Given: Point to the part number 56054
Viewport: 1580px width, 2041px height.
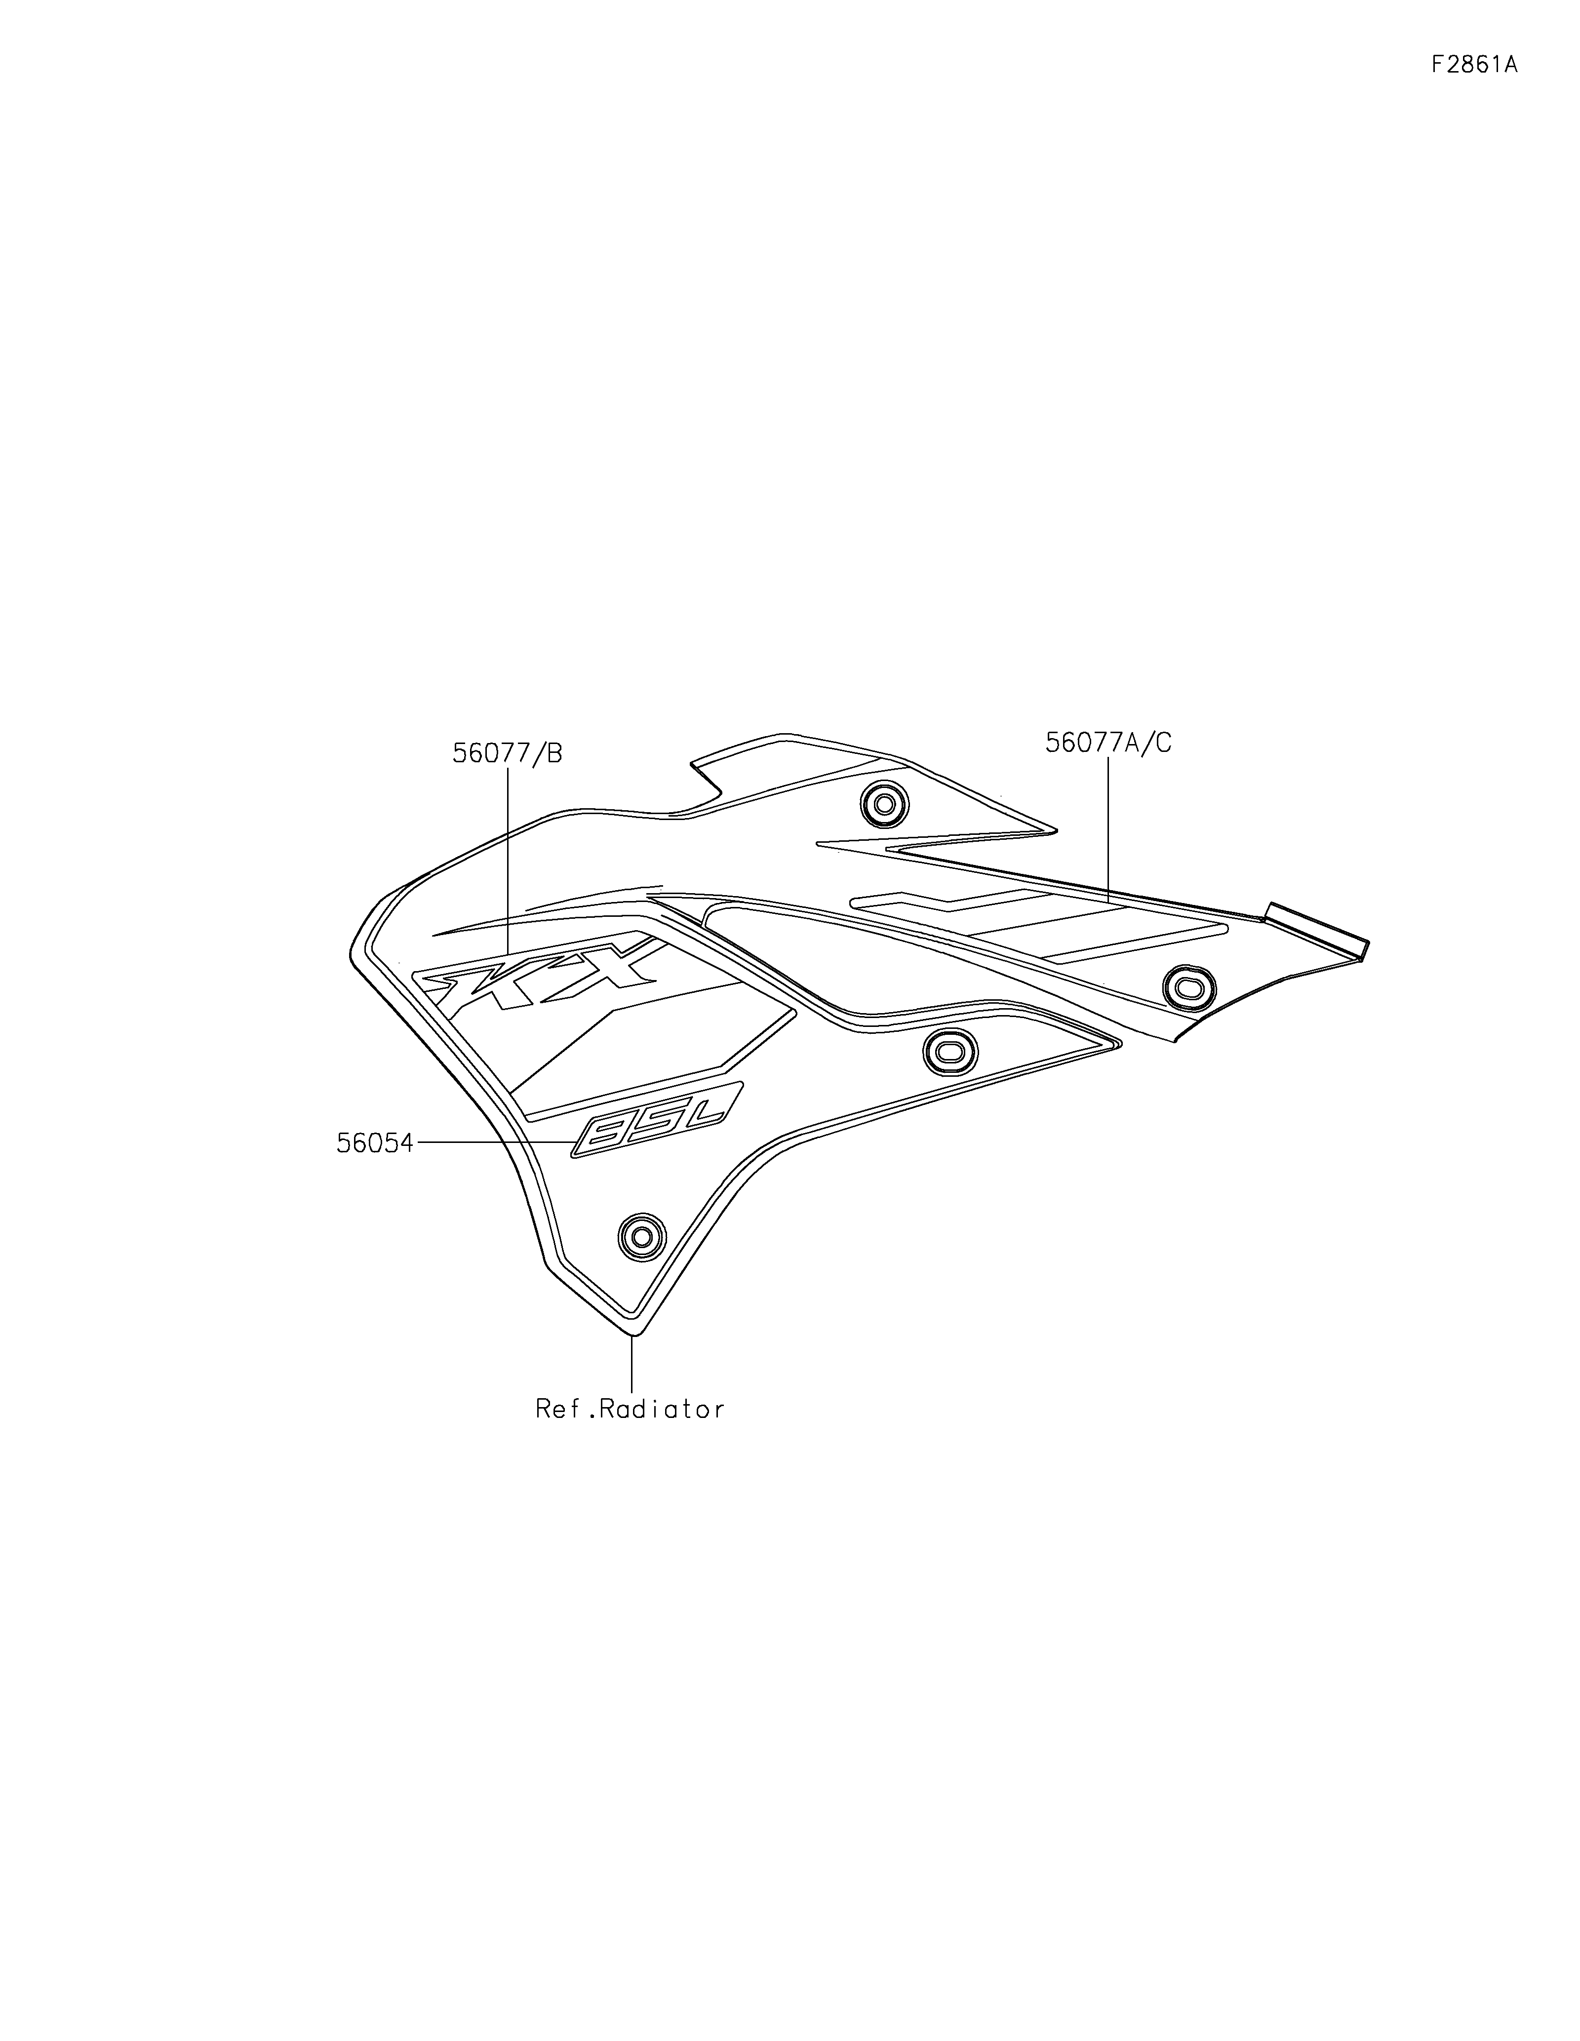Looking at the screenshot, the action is (375, 1143).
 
